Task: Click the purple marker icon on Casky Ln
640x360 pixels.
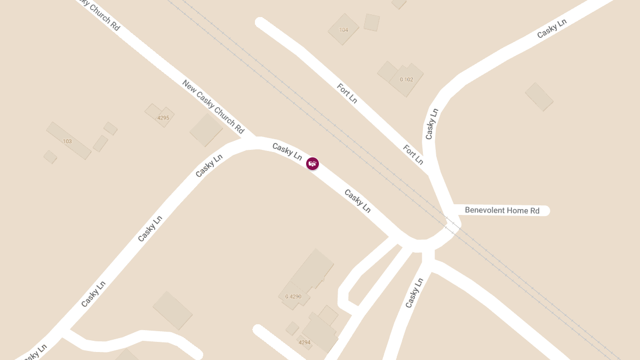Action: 313,163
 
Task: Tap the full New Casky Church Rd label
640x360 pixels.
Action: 213,107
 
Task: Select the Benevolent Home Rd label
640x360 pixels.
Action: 502,211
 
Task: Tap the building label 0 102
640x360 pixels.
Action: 406,79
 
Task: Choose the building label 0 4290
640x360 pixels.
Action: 293,297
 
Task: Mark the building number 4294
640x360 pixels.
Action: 305,342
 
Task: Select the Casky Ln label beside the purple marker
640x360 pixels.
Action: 287,151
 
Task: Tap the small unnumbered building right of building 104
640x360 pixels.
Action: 372,22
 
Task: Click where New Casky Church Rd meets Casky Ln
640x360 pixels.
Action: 251,141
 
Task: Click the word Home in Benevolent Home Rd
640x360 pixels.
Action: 517,211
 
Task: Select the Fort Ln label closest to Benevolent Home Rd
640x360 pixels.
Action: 413,154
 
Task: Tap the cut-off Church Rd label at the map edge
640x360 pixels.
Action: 99,13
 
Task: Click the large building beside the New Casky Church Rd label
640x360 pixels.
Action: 206,130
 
